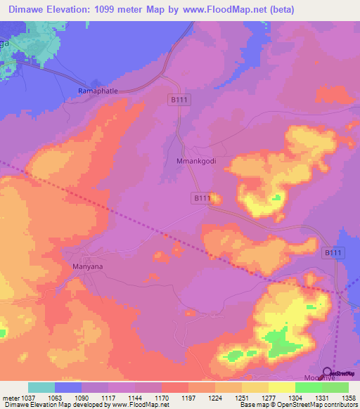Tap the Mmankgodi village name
pyautogui.click(x=193, y=161)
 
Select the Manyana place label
pyautogui.click(x=89, y=267)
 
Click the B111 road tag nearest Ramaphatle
pyautogui.click(x=179, y=101)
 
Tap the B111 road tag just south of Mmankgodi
pyautogui.click(x=202, y=199)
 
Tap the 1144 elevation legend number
pyautogui.click(x=136, y=398)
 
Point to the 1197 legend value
pyautogui.click(x=190, y=398)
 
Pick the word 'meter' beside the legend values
pyautogui.click(x=11, y=398)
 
